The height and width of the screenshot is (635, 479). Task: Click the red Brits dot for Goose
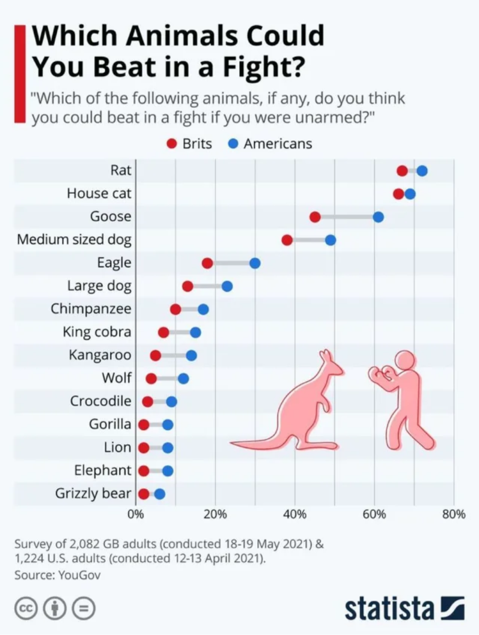click(315, 217)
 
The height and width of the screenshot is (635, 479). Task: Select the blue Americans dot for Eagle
click(255, 263)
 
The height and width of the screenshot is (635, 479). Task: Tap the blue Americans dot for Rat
click(422, 171)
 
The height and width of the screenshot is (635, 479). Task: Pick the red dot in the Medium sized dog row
click(287, 240)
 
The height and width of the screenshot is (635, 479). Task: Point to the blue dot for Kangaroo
click(191, 355)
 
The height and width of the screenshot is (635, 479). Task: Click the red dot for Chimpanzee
click(176, 309)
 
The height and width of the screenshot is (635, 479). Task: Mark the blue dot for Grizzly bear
click(160, 494)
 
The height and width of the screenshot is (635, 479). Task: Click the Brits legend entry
click(190, 144)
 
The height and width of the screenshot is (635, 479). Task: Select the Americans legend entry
click(271, 144)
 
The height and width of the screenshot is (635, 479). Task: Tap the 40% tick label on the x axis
click(295, 514)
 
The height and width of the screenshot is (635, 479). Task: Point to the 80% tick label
click(454, 514)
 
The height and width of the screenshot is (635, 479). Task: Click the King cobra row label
click(97, 332)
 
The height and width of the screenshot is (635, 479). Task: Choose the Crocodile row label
click(101, 401)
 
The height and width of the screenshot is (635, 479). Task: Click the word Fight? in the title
click(264, 67)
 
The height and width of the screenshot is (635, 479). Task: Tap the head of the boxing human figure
click(406, 360)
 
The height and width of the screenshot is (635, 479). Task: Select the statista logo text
click(389, 608)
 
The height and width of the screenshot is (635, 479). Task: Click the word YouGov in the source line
click(80, 575)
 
